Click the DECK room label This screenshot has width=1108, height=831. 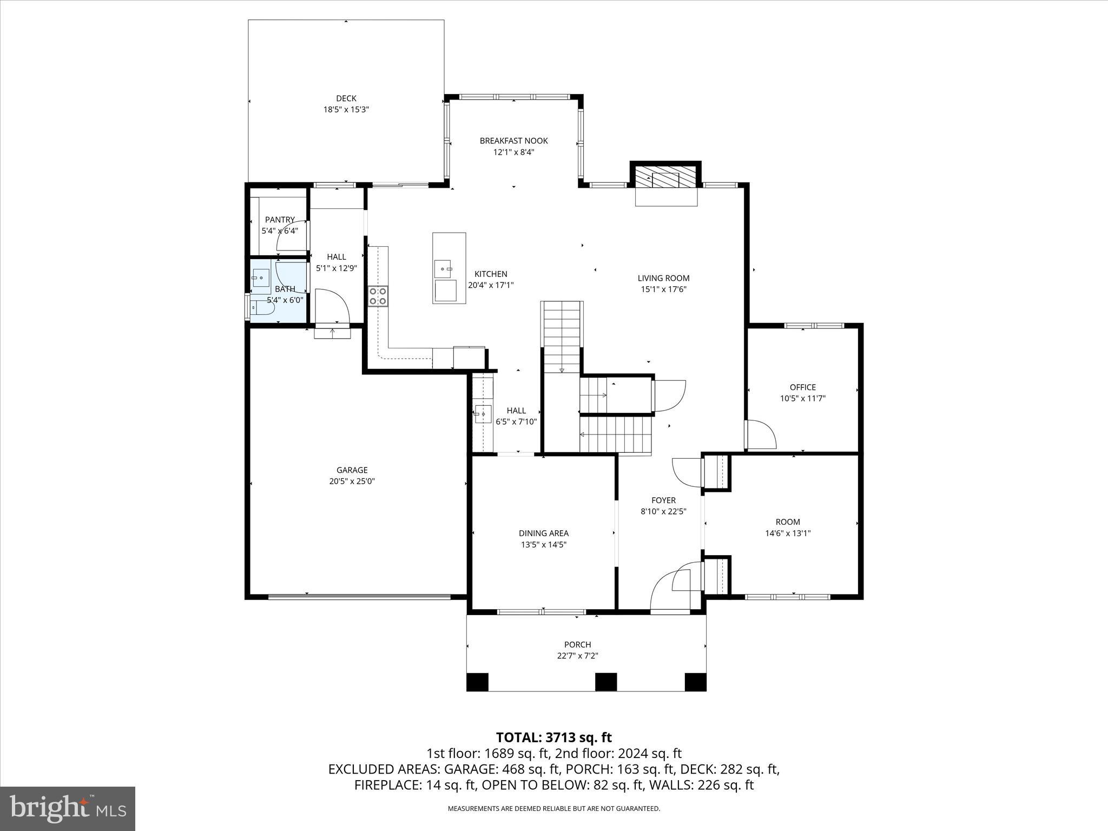point(346,98)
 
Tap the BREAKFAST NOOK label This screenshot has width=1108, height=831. point(513,141)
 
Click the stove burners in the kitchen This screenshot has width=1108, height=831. point(378,296)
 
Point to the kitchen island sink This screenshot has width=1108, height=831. point(443,268)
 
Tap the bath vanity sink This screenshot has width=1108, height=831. point(261,278)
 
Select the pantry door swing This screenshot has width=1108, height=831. point(292,238)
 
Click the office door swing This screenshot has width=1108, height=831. point(761,434)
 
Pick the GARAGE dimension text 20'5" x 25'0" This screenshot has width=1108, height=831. point(352,481)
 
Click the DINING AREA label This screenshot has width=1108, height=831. point(543,533)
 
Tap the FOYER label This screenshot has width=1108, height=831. point(663,500)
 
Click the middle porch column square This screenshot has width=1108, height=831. point(606,682)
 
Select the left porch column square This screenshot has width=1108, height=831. point(477,682)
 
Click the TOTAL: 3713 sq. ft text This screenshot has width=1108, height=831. point(553,737)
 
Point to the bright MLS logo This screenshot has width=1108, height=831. point(68,808)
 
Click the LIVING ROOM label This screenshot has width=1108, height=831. point(663,278)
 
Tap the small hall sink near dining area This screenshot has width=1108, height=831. point(482,414)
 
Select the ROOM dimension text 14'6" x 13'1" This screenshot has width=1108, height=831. point(787,533)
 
